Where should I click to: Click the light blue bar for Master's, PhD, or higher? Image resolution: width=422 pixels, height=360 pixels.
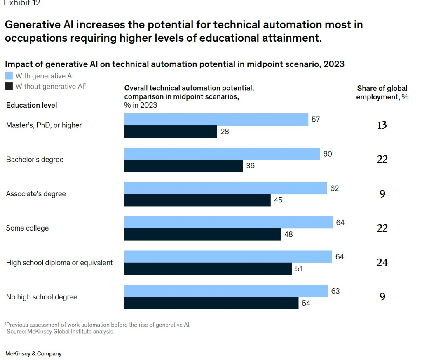[216, 120]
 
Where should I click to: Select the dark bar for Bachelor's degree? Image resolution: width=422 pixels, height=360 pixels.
[183, 166]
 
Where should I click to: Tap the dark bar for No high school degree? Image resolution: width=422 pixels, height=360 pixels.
[211, 303]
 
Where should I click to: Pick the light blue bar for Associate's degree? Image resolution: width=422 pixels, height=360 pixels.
[225, 188]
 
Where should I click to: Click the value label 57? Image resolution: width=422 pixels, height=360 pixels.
[316, 120]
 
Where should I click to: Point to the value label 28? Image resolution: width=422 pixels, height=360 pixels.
[225, 132]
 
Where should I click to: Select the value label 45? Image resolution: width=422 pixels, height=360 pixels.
[278, 200]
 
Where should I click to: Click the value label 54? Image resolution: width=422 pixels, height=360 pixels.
[306, 303]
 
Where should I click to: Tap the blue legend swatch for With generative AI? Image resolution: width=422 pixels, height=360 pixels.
[9, 76]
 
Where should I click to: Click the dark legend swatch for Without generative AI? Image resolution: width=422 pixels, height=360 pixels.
[9, 86]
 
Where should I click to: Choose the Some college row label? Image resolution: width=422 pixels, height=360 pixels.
[27, 228]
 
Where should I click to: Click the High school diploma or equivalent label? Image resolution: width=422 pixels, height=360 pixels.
[59, 263]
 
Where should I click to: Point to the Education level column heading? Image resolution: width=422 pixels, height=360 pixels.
[31, 105]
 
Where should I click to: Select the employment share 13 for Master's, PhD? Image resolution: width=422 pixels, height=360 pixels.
[382, 125]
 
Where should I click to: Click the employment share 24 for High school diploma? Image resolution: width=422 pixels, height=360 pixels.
[382, 262]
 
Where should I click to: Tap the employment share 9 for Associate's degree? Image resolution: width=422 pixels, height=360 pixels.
[382, 194]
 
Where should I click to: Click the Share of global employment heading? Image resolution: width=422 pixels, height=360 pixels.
[382, 92]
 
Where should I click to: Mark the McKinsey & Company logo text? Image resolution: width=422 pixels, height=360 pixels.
[33, 354]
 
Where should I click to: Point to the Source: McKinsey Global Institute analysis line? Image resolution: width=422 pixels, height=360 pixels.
[60, 332]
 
